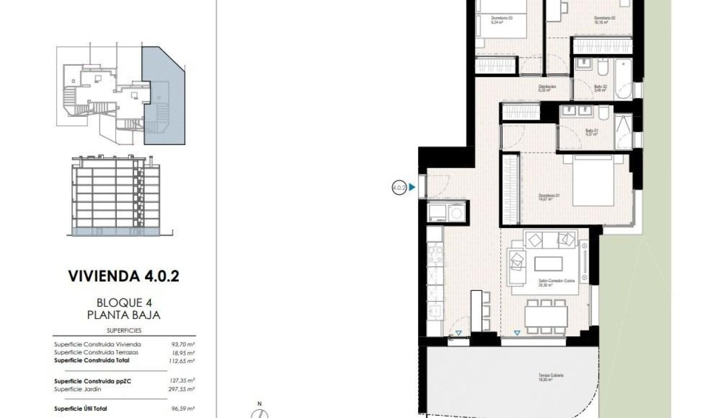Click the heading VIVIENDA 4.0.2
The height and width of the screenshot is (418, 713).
point(124,276)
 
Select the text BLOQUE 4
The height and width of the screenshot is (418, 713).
point(124,303)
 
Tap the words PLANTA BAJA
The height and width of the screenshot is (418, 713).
point(124,315)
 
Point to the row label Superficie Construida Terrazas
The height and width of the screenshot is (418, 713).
point(96,352)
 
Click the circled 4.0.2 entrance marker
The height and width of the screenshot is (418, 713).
point(398,187)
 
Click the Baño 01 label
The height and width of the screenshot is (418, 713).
point(592,132)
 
